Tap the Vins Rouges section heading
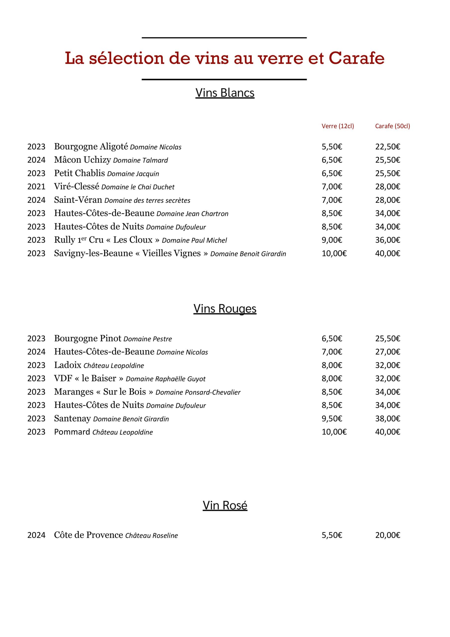pos(225,309)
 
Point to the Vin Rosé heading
pos(225,505)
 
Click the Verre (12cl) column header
pos(338,126)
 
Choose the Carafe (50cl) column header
pos(392,126)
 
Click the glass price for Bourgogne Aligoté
pos(332,147)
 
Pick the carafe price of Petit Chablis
pos(388,173)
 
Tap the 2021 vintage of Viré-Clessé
pos(36,186)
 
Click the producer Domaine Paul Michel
pos(194,240)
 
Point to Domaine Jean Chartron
pos(192,214)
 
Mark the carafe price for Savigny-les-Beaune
pos(388,253)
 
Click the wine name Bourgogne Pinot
pos(88,338)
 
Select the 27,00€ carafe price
pos(388,352)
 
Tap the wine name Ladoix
pos(68,365)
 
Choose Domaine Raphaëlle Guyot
pos(166,379)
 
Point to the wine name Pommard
pos(72,432)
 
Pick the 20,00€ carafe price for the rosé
pos(388,535)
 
